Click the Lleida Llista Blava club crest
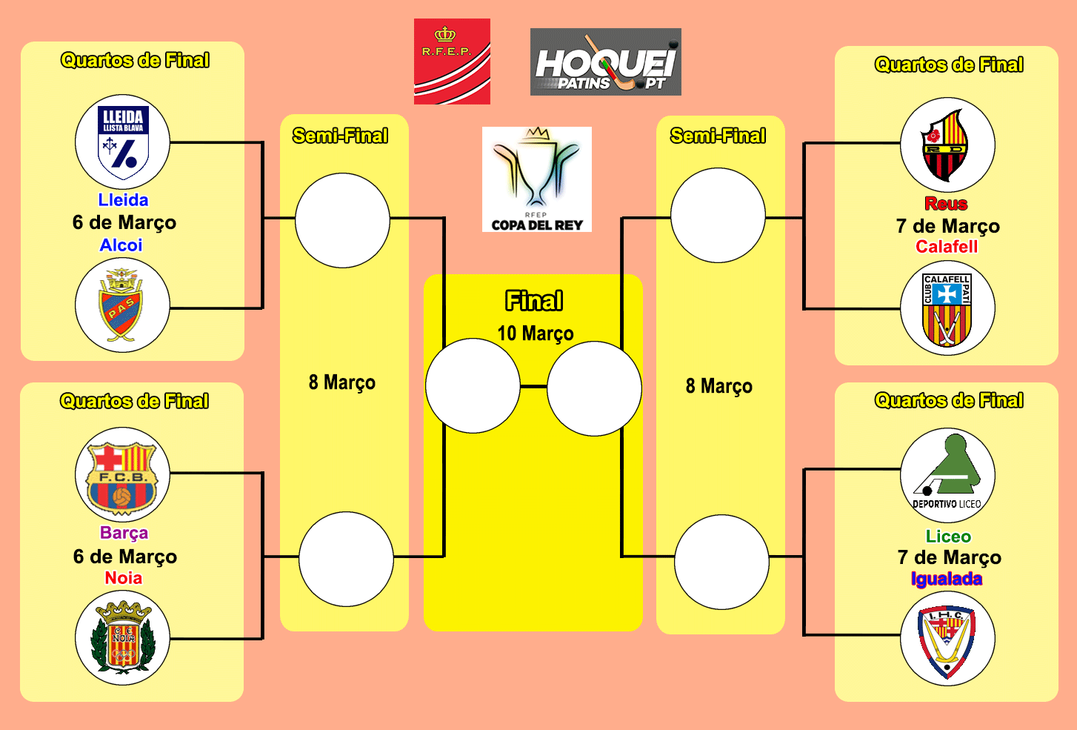point(123,142)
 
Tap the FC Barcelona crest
point(122,474)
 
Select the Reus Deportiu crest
point(947,145)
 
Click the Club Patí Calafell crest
point(947,308)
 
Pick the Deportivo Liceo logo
point(947,475)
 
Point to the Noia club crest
point(122,638)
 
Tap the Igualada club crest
point(947,639)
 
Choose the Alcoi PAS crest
point(122,305)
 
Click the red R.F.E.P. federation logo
point(452,62)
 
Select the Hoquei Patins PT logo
point(605,62)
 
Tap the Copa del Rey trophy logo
point(537,179)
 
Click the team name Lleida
point(123,200)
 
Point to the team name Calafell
point(947,247)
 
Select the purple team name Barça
point(124,533)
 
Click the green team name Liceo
point(948,537)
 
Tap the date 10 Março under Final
point(536,334)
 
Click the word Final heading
point(534,301)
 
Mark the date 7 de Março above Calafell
point(948,225)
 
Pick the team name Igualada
point(947,579)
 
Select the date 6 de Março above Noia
point(125,557)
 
